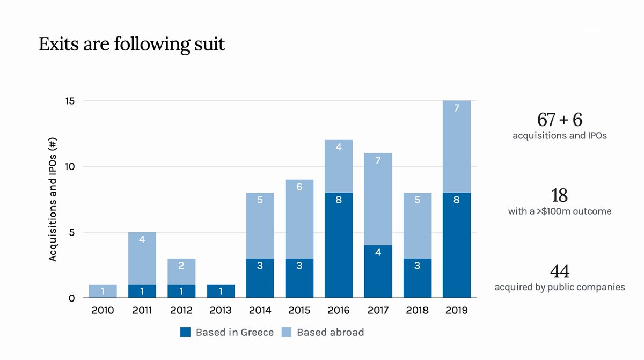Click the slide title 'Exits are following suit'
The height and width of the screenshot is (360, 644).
pyautogui.click(x=131, y=44)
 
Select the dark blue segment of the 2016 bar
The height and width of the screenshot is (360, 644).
pyautogui.click(x=339, y=245)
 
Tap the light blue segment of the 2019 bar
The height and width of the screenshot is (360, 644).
pyautogui.click(x=456, y=146)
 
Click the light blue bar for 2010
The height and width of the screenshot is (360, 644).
pyautogui.click(x=103, y=291)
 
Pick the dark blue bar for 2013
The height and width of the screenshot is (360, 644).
pyautogui.click(x=221, y=291)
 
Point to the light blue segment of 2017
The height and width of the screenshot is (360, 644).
pyautogui.click(x=378, y=199)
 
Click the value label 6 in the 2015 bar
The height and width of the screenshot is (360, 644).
pyautogui.click(x=299, y=187)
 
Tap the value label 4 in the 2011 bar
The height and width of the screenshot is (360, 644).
pyautogui.click(x=142, y=239)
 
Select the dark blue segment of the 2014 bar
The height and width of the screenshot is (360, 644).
pyautogui.click(x=260, y=278)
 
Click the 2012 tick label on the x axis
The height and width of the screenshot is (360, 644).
pyautogui.click(x=181, y=310)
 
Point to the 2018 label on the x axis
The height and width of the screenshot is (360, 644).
pyautogui.click(x=417, y=310)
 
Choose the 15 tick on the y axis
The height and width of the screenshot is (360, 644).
pyautogui.click(x=70, y=101)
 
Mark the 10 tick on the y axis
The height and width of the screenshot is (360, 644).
pyautogui.click(x=70, y=167)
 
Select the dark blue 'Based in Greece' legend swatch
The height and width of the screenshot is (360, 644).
pyautogui.click(x=186, y=332)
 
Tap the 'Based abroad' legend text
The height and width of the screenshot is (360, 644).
pyautogui.click(x=330, y=332)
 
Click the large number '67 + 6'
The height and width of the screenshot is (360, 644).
pyautogui.click(x=559, y=120)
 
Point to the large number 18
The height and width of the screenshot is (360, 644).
pyautogui.click(x=559, y=195)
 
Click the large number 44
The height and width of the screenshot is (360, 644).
pyautogui.click(x=559, y=271)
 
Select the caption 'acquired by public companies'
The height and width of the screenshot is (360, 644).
pyautogui.click(x=559, y=288)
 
